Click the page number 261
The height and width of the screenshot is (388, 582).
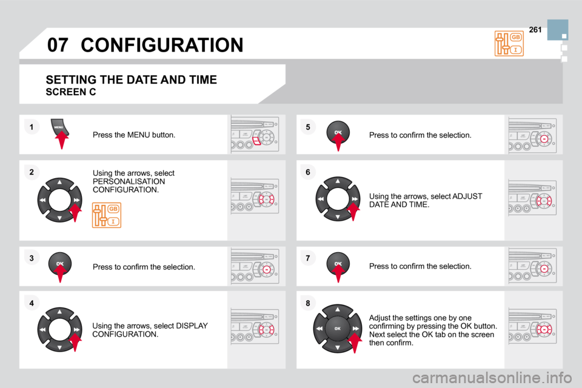pyautogui.click(x=535, y=30)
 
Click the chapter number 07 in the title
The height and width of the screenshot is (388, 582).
pyautogui.click(x=58, y=45)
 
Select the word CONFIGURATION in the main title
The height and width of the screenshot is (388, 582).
pyautogui.click(x=162, y=45)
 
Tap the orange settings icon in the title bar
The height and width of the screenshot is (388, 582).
pyautogui.click(x=509, y=44)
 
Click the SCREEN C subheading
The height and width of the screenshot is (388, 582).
pyautogui.click(x=70, y=92)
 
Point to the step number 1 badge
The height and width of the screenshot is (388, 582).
pyautogui.click(x=32, y=127)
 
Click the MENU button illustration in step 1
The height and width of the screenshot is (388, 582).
pyautogui.click(x=59, y=128)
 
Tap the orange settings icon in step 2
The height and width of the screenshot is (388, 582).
pyautogui.click(x=107, y=215)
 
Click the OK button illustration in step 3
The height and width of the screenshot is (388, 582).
pyautogui.click(x=60, y=264)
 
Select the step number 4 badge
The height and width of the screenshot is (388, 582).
pyautogui.click(x=32, y=303)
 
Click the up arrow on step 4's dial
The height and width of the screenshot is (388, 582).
pyautogui.click(x=59, y=312)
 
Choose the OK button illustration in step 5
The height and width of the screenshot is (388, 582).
pyautogui.click(x=338, y=132)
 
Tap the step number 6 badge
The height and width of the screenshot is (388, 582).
pyautogui.click(x=308, y=172)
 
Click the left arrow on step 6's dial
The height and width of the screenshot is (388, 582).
pyautogui.click(x=320, y=199)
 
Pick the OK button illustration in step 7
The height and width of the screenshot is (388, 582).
pyautogui.click(x=338, y=264)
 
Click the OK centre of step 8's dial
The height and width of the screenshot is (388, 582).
pyautogui.click(x=338, y=329)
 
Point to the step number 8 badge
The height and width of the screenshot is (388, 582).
pyautogui.click(x=308, y=303)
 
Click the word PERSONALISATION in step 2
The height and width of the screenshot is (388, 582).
pyautogui.click(x=129, y=181)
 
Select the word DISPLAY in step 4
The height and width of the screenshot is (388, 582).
pyautogui.click(x=192, y=326)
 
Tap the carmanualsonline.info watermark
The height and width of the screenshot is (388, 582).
pyautogui.click(x=492, y=378)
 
